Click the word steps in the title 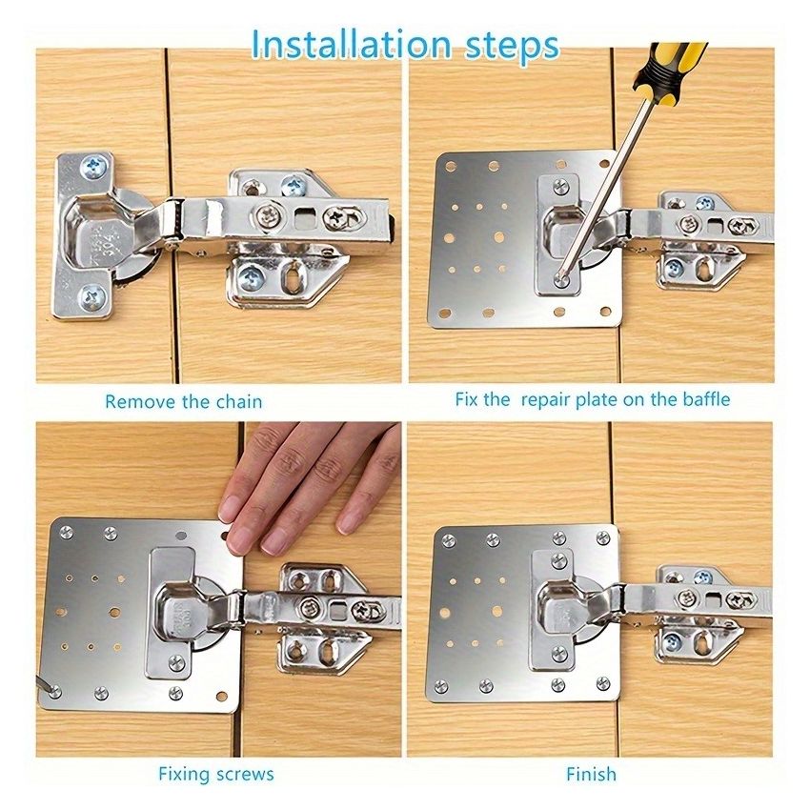coord(508,46)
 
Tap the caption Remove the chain coord(183,401)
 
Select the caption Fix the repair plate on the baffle coord(592,398)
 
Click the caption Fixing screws coord(216,773)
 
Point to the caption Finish coord(591,774)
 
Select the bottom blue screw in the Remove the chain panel coord(91,295)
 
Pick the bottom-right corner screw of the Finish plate coord(602,683)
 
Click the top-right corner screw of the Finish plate coord(602,538)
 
